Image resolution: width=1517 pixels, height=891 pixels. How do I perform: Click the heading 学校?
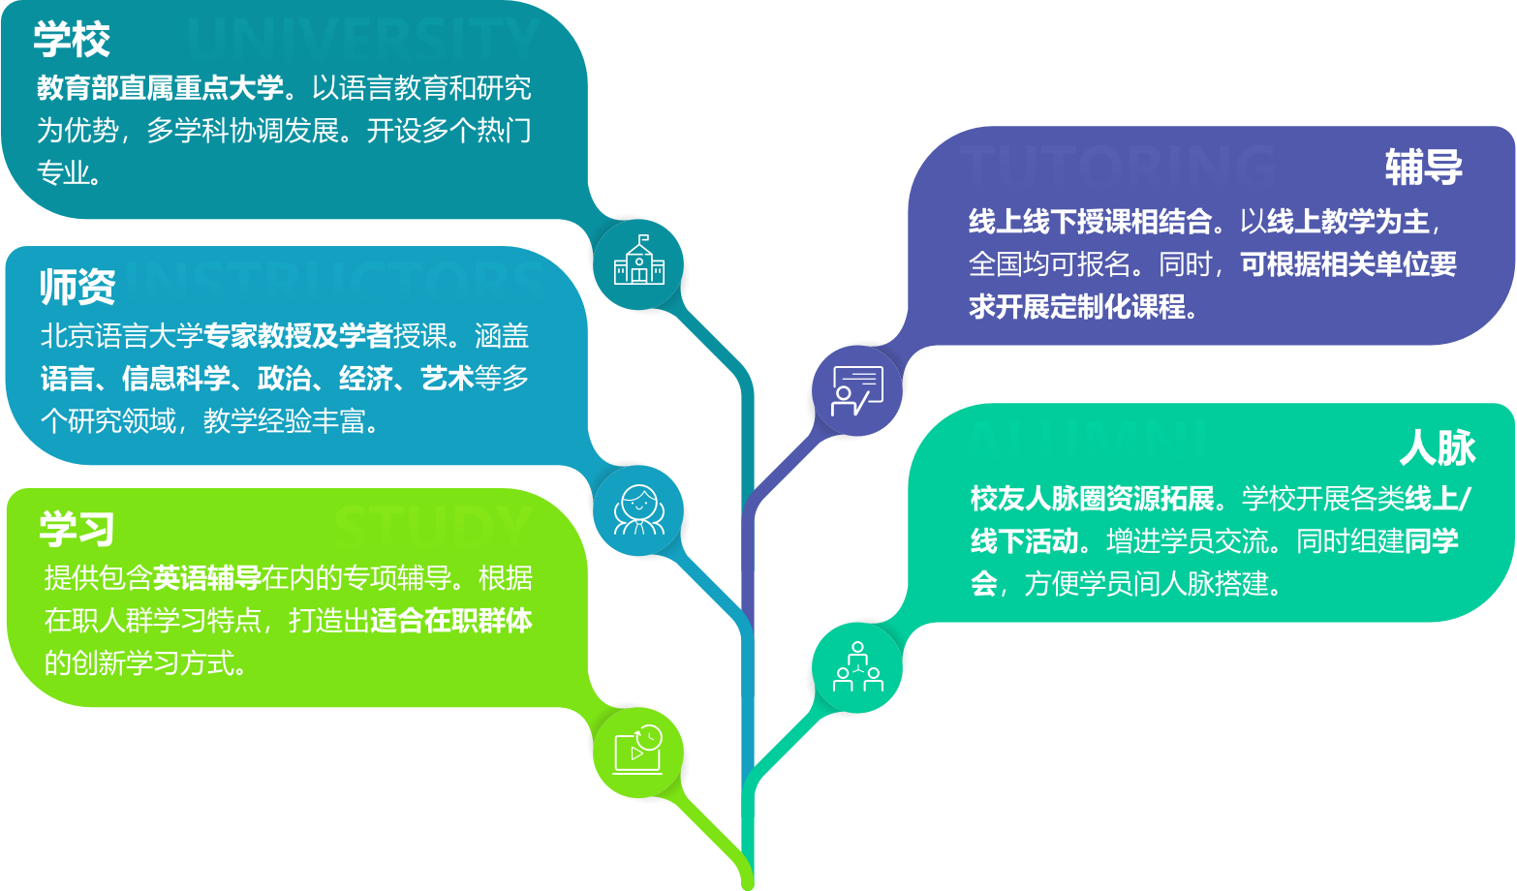click(x=72, y=40)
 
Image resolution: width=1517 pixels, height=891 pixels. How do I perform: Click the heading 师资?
click(x=77, y=287)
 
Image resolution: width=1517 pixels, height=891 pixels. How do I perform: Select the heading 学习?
click(x=77, y=529)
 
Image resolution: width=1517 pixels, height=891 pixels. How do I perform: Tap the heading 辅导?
click(x=1423, y=167)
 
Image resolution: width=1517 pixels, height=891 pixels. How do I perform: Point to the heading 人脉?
click(x=1438, y=448)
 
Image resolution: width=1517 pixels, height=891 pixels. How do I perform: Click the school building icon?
click(x=639, y=261)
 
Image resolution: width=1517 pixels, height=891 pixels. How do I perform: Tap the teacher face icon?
click(x=639, y=510)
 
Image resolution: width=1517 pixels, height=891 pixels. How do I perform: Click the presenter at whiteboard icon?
click(x=857, y=390)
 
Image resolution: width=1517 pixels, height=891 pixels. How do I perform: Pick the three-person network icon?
click(x=857, y=666)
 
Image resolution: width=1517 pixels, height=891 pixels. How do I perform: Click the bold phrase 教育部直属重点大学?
click(x=160, y=88)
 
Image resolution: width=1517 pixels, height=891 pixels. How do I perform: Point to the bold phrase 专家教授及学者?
click(x=297, y=336)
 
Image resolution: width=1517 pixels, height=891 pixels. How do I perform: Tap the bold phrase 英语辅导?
click(x=206, y=578)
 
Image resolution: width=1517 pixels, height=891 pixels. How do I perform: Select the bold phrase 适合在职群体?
click(x=450, y=621)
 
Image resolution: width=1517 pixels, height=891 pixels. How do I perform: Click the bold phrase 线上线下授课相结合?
click(x=1090, y=222)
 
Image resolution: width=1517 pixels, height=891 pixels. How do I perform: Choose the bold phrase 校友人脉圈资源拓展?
click(x=1092, y=499)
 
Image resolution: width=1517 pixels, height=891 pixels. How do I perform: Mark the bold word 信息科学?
click(x=175, y=379)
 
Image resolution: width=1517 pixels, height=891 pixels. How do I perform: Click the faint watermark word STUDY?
click(x=432, y=525)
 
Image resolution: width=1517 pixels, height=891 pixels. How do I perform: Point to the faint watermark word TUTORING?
click(x=1114, y=165)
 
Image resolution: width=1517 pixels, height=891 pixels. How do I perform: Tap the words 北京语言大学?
click(x=121, y=336)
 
